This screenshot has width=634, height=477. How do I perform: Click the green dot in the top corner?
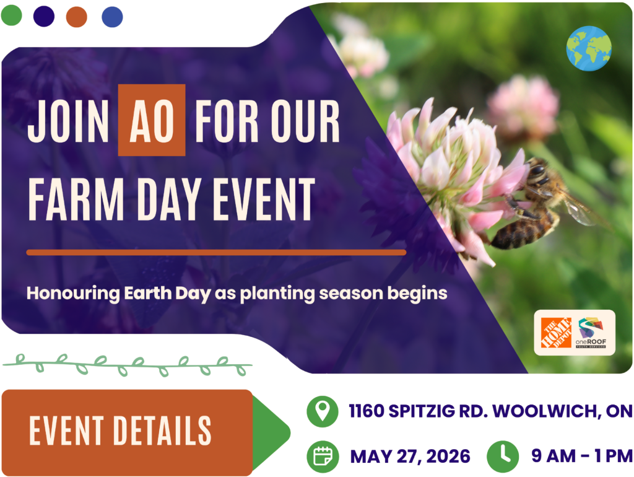(11, 15)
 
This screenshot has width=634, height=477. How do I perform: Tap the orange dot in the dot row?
(76, 17)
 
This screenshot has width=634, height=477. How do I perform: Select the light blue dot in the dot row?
(113, 17)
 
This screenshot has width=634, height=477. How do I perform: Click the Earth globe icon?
(589, 48)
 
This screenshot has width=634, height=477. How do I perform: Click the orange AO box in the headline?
(152, 120)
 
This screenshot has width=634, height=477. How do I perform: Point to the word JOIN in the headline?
(68, 121)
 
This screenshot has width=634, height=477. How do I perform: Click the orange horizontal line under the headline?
(216, 253)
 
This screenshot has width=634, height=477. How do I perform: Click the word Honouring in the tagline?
(73, 293)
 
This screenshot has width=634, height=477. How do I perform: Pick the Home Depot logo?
(556, 333)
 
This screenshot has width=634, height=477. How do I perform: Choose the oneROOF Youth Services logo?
(591, 333)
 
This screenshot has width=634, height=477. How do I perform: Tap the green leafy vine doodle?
(128, 365)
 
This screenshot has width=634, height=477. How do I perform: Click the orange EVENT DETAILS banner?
(128, 432)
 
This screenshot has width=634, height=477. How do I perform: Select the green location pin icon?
(322, 411)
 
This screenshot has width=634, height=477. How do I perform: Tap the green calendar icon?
(323, 457)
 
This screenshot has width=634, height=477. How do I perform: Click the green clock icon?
(503, 457)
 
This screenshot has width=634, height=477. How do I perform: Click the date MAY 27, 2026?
(410, 457)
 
